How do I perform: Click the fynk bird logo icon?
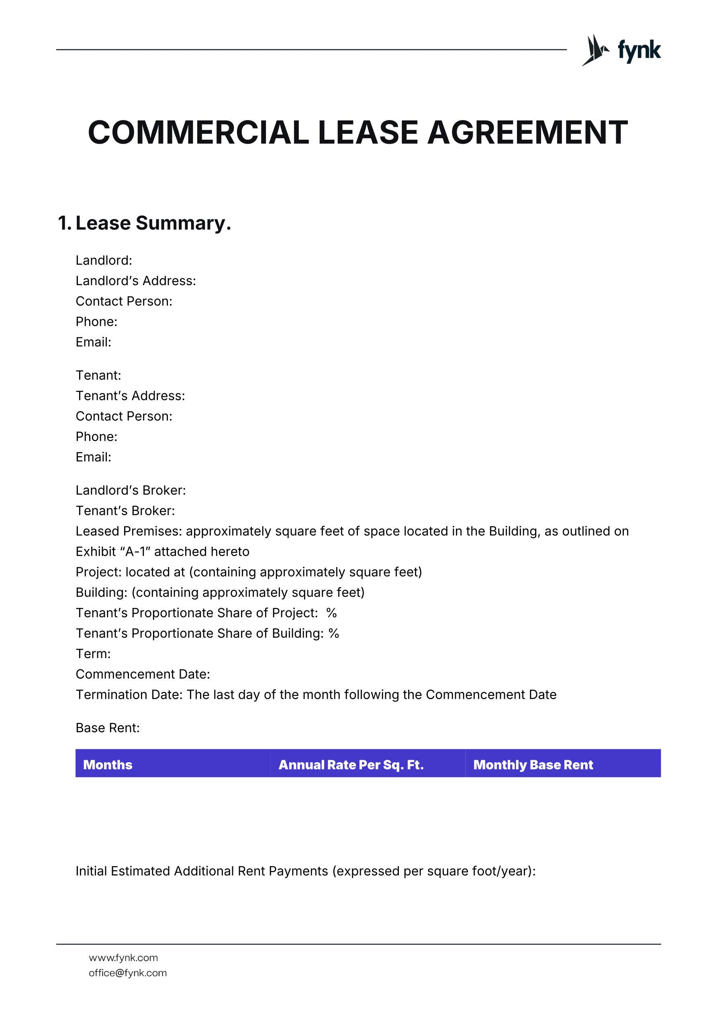tap(594, 50)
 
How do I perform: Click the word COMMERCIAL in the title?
tap(198, 133)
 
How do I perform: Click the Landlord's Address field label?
tap(136, 281)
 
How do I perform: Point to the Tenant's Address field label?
tap(130, 396)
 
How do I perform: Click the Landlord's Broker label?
tap(131, 490)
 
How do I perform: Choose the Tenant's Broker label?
tap(125, 510)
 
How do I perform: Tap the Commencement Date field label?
tap(143, 674)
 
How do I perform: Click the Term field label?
tap(93, 654)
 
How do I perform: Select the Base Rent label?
tap(108, 728)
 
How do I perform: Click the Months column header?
tap(108, 765)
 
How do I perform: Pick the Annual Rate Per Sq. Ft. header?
tap(351, 765)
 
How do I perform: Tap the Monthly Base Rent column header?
tap(533, 765)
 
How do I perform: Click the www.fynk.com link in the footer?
tap(123, 957)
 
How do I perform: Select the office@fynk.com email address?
tap(128, 973)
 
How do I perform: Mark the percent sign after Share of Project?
tap(331, 613)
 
